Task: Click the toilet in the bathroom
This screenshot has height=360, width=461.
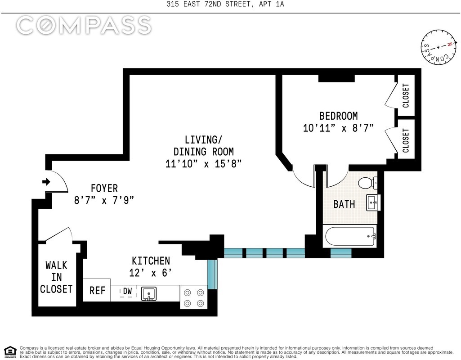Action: (x=367, y=183)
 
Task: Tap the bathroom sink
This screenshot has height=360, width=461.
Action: (x=373, y=202)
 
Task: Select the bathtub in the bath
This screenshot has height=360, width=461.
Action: (x=350, y=236)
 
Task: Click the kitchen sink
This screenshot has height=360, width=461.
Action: (x=149, y=293)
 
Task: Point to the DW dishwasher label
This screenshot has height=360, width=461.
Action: (x=127, y=291)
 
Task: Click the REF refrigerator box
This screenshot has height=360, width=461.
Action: (x=97, y=290)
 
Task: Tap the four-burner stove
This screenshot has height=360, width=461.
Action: (x=194, y=297)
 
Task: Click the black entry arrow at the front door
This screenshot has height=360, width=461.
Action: (x=46, y=182)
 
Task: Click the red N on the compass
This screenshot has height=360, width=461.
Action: (x=449, y=45)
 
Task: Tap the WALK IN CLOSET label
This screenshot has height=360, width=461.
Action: (x=56, y=277)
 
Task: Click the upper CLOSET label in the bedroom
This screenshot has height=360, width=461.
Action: (x=405, y=95)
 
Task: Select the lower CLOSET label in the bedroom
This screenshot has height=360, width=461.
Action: (x=405, y=140)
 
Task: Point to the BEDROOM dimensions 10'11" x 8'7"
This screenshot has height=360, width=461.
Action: (x=338, y=128)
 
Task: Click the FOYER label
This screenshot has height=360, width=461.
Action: (x=104, y=188)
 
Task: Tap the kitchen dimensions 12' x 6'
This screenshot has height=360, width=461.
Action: (x=150, y=273)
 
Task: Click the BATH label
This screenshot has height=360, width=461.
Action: (x=344, y=204)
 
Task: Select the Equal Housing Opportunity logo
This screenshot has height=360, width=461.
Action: (x=10, y=351)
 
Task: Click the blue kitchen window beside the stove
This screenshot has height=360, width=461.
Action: (x=212, y=274)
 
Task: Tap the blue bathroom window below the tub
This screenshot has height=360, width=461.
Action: (x=341, y=253)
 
